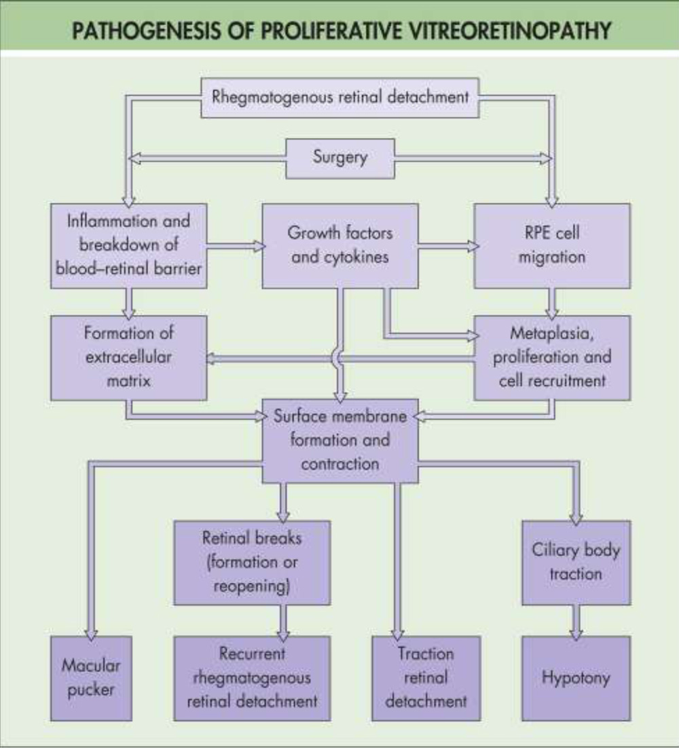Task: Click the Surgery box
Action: pyautogui.click(x=339, y=157)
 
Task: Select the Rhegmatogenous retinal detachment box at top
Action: pyautogui.click(x=339, y=96)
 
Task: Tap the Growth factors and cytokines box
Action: pyautogui.click(x=339, y=245)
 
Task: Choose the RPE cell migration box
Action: pyautogui.click(x=551, y=245)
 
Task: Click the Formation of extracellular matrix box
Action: pyautogui.click(x=129, y=357)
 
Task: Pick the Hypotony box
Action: pyautogui.click(x=576, y=677)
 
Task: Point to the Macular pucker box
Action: pyautogui.click(x=91, y=677)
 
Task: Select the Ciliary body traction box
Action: pyautogui.click(x=576, y=562)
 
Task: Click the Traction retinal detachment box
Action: pyautogui.click(x=426, y=677)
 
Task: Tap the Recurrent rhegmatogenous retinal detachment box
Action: pyautogui.click(x=252, y=677)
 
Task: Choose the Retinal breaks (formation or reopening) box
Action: pyautogui.click(x=252, y=562)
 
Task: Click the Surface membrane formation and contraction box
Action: pyautogui.click(x=340, y=440)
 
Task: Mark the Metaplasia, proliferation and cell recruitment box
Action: pyautogui.click(x=551, y=357)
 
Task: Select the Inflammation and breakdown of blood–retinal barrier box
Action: pyautogui.click(x=129, y=245)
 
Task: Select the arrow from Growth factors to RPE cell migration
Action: pyautogui.click(x=445, y=246)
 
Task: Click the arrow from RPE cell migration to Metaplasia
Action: pyautogui.click(x=552, y=301)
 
